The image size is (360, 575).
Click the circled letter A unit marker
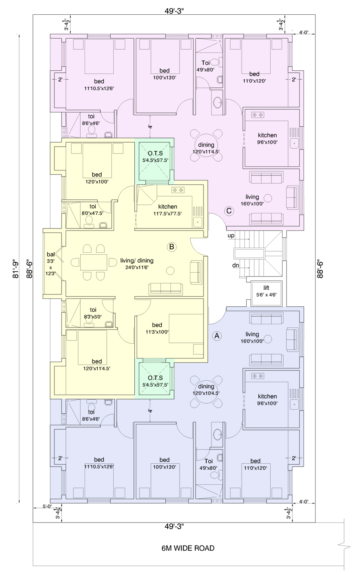[217, 336]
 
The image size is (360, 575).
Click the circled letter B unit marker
[172, 247]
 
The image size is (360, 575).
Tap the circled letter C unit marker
[229, 211]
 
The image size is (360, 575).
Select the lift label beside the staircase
[266, 291]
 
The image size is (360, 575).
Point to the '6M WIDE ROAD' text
[188, 548]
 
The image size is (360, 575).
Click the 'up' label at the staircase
[231, 235]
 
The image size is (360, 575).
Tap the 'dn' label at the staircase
[236, 265]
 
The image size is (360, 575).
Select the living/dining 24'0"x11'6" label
[137, 264]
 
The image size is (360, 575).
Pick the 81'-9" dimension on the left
[16, 269]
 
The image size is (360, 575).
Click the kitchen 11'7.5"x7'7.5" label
[168, 210]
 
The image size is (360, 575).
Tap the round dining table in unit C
[206, 145]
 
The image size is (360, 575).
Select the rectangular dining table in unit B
[94, 262]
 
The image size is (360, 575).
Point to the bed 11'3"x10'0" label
[157, 328]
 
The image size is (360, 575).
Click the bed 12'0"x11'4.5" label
[97, 365]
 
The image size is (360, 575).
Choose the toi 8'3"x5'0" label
[93, 313]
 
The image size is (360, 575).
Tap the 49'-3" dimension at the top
[174, 11]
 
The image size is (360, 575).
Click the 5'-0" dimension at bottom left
[47, 507]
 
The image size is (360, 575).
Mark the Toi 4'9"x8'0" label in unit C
[205, 66]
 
